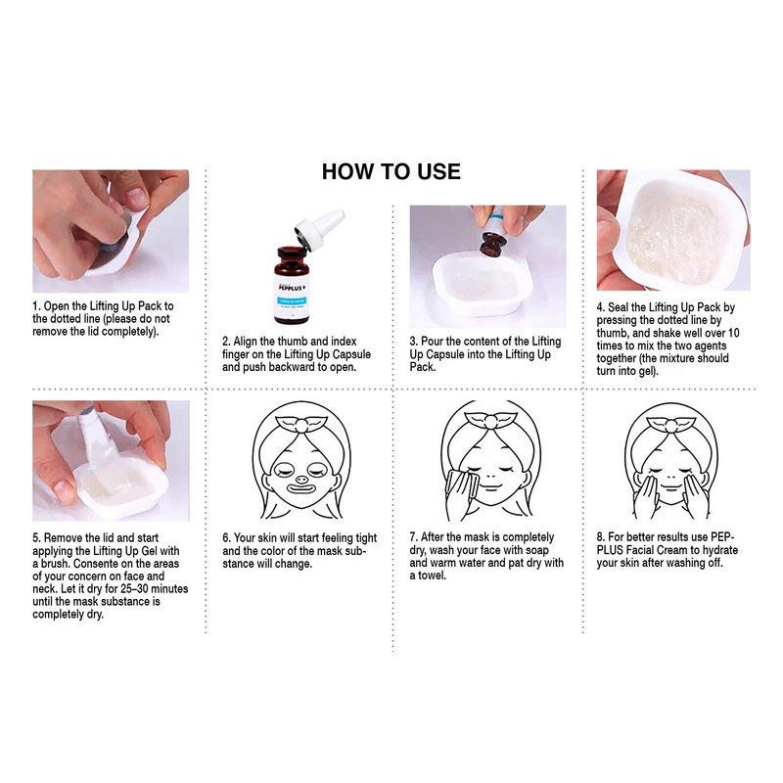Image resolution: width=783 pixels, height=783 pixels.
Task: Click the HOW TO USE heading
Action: pyautogui.click(x=391, y=171)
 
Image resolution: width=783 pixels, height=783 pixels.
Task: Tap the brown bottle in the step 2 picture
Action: pyautogui.click(x=291, y=285)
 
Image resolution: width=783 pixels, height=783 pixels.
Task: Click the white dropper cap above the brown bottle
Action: pyautogui.click(x=319, y=228)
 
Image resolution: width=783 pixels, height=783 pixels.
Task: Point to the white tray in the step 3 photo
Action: pyautogui.click(x=483, y=283)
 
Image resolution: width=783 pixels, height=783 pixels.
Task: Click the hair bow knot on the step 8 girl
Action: pyautogui.click(x=671, y=426)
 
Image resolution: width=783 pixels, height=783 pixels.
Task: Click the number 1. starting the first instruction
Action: pyautogui.click(x=36, y=306)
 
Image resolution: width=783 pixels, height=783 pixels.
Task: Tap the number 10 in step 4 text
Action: pyautogui.click(x=733, y=333)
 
